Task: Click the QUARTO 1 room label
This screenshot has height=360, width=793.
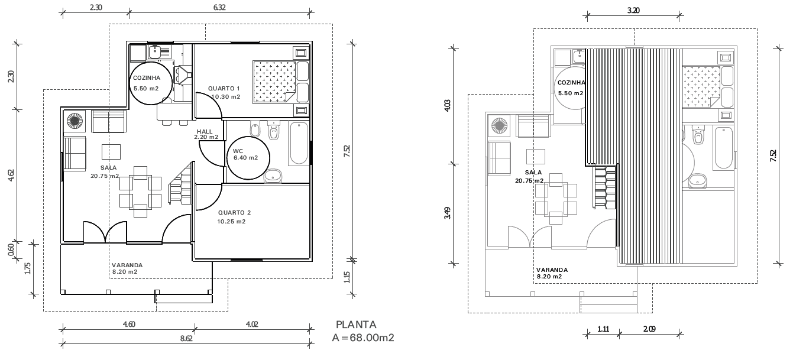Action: [x=224, y=89]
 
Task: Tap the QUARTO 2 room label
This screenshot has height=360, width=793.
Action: [x=234, y=213]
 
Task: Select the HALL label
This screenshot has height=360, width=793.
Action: [x=204, y=131]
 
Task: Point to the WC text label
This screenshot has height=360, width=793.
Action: [x=238, y=151]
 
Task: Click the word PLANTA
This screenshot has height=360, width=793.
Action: [x=356, y=325]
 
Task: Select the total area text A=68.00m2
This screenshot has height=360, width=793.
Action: [x=363, y=338]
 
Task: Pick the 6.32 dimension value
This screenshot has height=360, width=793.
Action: [x=219, y=8]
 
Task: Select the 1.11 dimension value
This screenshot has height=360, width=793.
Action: [x=603, y=329]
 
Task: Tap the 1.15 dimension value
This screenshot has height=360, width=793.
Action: [x=348, y=275]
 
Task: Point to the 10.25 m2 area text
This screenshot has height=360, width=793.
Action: [x=231, y=222]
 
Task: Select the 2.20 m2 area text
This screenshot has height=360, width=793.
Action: [x=206, y=137]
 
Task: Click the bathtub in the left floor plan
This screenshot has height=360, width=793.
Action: [x=299, y=144]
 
